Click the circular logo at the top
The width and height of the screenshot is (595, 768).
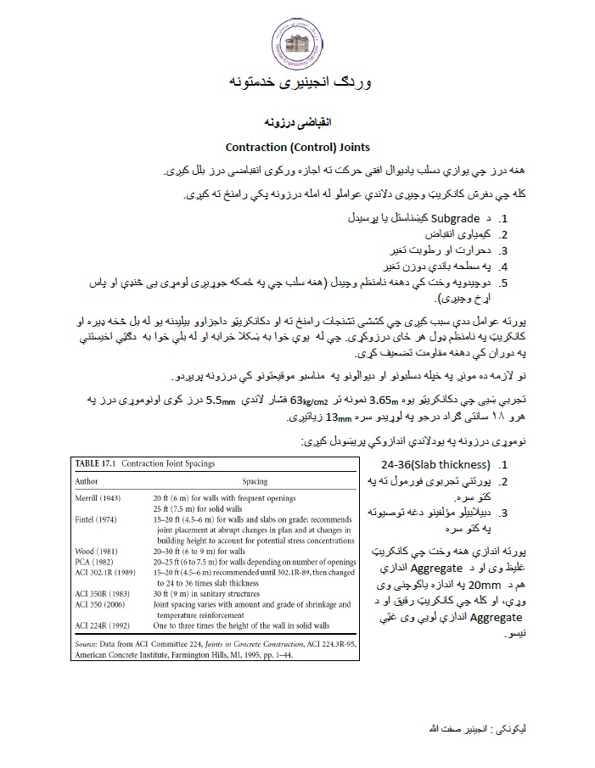coord(297,39)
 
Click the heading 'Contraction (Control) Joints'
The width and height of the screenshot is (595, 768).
coord(297,147)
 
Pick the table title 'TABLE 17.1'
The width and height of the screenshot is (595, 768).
coord(94,463)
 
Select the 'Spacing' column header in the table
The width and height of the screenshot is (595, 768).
coord(249,480)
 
